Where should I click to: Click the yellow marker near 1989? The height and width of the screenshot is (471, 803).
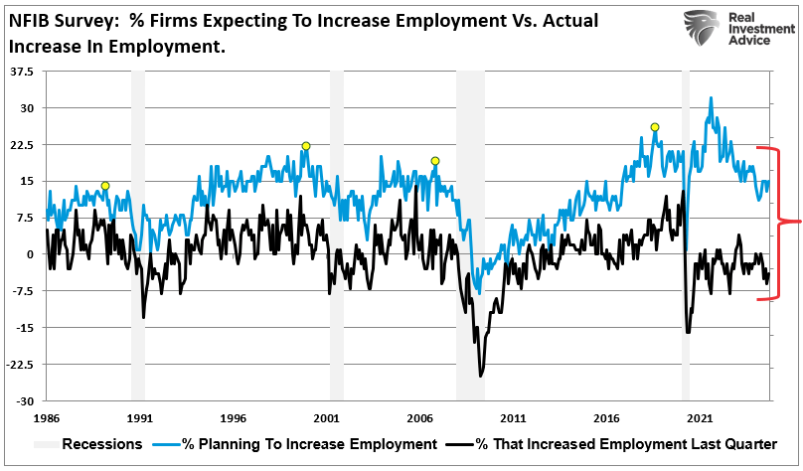click(x=105, y=186)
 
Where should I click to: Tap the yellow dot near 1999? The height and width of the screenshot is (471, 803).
click(x=306, y=146)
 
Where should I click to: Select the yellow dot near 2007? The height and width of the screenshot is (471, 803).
click(x=434, y=161)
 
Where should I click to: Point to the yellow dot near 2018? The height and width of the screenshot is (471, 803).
click(x=654, y=127)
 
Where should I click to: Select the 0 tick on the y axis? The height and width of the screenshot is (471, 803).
click(x=30, y=254)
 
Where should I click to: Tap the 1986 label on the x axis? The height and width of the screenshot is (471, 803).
click(x=46, y=419)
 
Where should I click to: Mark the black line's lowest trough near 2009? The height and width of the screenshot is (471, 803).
click(x=481, y=376)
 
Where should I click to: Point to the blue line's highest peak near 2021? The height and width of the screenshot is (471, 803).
click(x=710, y=98)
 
